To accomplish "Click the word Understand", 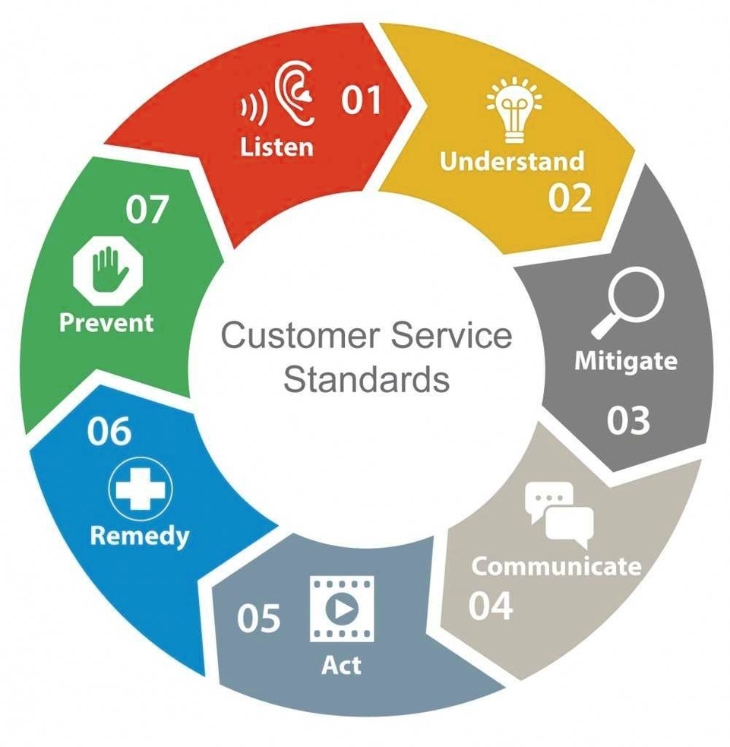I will click(513, 161).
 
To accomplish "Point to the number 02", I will click(570, 198).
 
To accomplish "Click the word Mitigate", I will click(626, 359).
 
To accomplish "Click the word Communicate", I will click(557, 566).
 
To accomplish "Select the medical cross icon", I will click(141, 489).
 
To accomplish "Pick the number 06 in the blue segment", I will click(109, 432).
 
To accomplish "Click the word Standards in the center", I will click(366, 378).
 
